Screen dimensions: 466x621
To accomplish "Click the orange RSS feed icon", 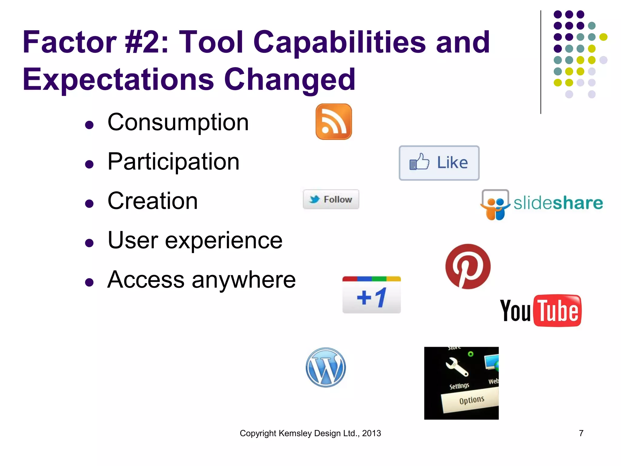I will pos(334,122).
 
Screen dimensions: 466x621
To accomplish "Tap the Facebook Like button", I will pos(439,163).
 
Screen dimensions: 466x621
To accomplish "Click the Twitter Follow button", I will pos(331,199).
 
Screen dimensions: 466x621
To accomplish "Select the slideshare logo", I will pos(542,204).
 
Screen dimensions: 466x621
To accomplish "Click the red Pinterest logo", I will pos(468,266).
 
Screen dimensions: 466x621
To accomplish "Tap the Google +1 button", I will pos(371,295).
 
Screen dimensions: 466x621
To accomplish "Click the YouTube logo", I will pos(541,310).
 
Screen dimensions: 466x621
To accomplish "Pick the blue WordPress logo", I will pos(326,367).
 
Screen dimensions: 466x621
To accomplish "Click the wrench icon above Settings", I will pos(457,367).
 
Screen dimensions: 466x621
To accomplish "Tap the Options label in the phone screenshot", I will pos(472,400).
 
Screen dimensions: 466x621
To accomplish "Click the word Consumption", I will pos(178,122).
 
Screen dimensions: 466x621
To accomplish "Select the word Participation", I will pos(173,162).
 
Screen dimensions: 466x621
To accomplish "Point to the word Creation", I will pos(153,201).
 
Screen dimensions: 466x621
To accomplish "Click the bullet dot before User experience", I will pos(89,243).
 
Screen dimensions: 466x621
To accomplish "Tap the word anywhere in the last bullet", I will pos(243,280).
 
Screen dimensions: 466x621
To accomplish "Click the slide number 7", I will pos(581,433).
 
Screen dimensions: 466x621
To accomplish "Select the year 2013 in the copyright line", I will pos(371,433).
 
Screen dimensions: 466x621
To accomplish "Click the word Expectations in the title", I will pos(118,79).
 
